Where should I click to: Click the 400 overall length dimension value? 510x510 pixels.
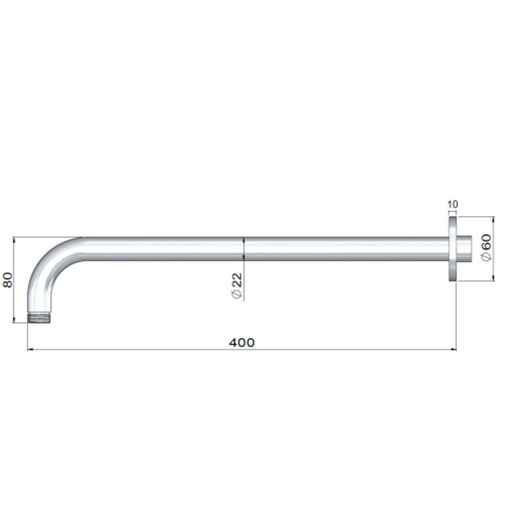click(242, 342)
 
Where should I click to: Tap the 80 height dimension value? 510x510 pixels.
click(8, 280)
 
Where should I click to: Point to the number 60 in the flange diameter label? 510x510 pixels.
click(486, 241)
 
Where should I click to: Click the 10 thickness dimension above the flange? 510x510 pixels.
click(452, 204)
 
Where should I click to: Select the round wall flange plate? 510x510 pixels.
click(452, 249)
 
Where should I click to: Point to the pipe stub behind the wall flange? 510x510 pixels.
click(465, 249)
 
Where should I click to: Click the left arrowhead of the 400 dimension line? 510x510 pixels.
click(30, 349)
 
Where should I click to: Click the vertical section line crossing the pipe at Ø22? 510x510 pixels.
click(244, 249)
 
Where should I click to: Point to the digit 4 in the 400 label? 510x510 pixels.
click(233, 342)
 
